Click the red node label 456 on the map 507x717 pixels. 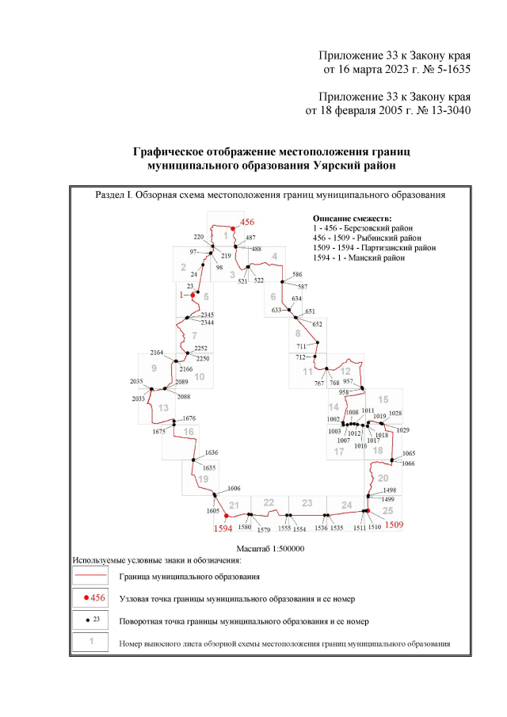pos(247,223)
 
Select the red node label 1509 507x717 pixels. pos(395,524)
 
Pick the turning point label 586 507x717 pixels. pos(298,274)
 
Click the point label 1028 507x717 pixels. pos(395,414)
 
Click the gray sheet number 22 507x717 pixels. pos(269,503)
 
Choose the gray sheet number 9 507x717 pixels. pos(154,368)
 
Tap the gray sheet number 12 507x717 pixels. pos(345,371)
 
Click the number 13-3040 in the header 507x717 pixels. pos(444,110)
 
